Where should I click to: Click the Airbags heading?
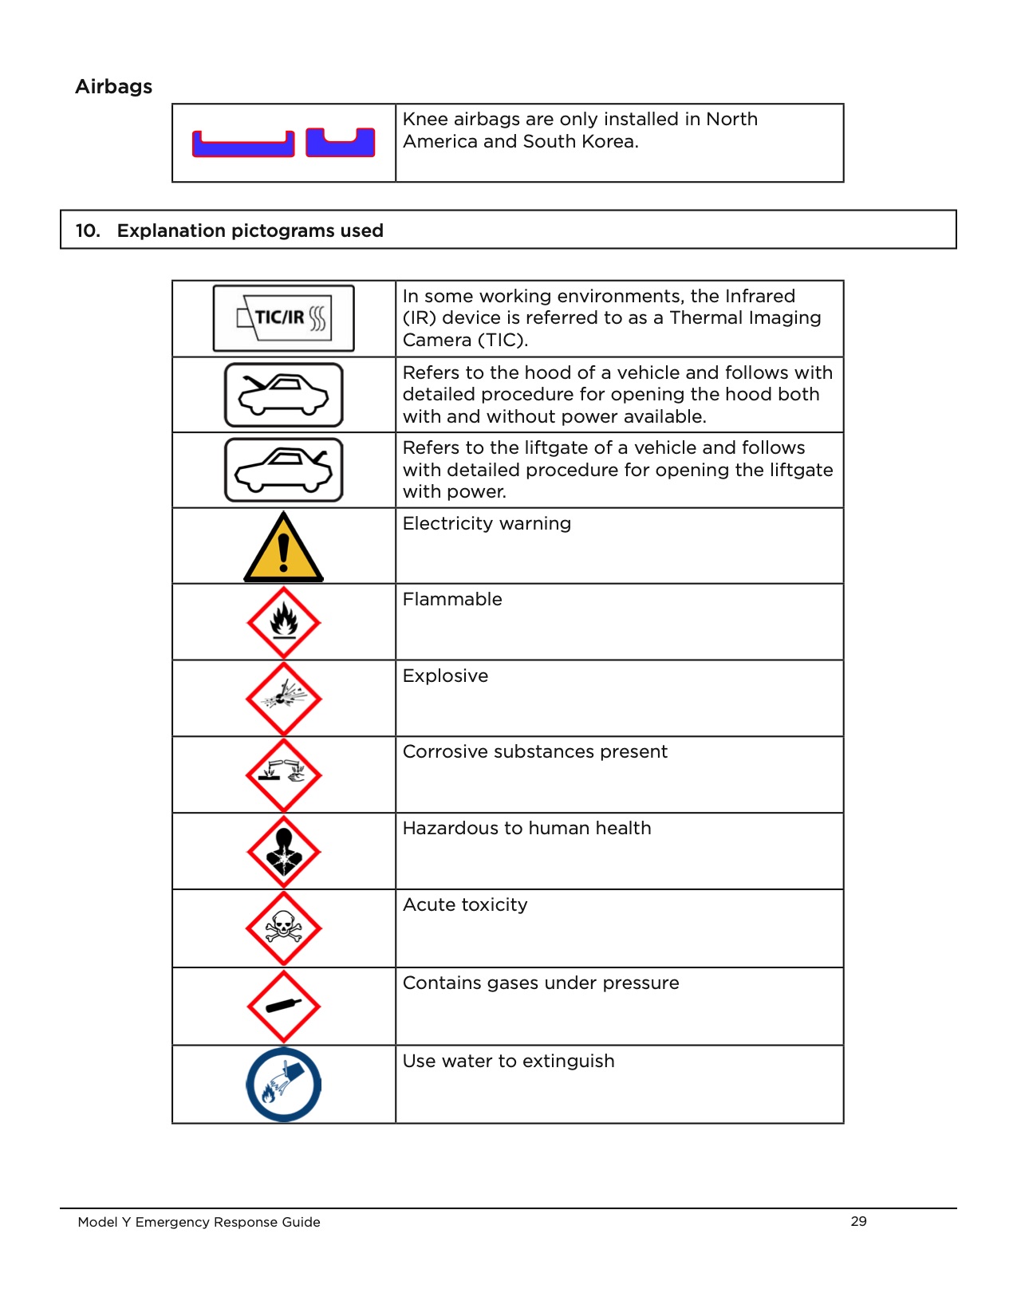point(113,86)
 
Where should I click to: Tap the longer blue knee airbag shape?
point(243,145)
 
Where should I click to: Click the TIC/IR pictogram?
point(284,318)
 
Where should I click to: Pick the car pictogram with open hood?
point(284,395)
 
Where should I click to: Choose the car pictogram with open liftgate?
point(284,471)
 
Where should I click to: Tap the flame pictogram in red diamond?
point(284,623)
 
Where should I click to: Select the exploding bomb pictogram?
point(284,699)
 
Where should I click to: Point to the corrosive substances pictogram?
point(284,774)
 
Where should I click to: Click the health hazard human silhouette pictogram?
point(284,851)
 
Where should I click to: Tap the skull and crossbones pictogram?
point(284,928)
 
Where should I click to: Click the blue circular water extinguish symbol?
point(284,1085)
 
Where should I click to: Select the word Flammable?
point(452,599)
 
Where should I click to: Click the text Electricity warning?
point(487,523)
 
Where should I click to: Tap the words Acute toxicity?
point(465,904)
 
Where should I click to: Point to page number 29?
point(858,1221)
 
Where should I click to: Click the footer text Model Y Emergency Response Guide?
point(199,1222)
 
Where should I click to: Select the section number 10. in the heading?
point(88,230)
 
